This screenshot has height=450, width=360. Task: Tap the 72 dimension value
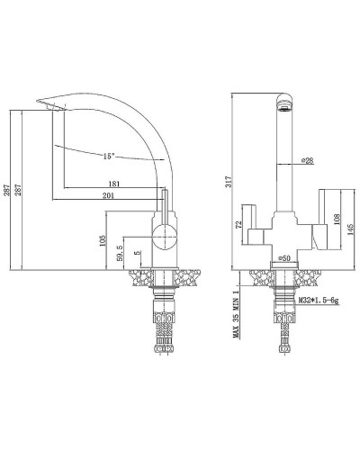pyautogui.click(x=238, y=225)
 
